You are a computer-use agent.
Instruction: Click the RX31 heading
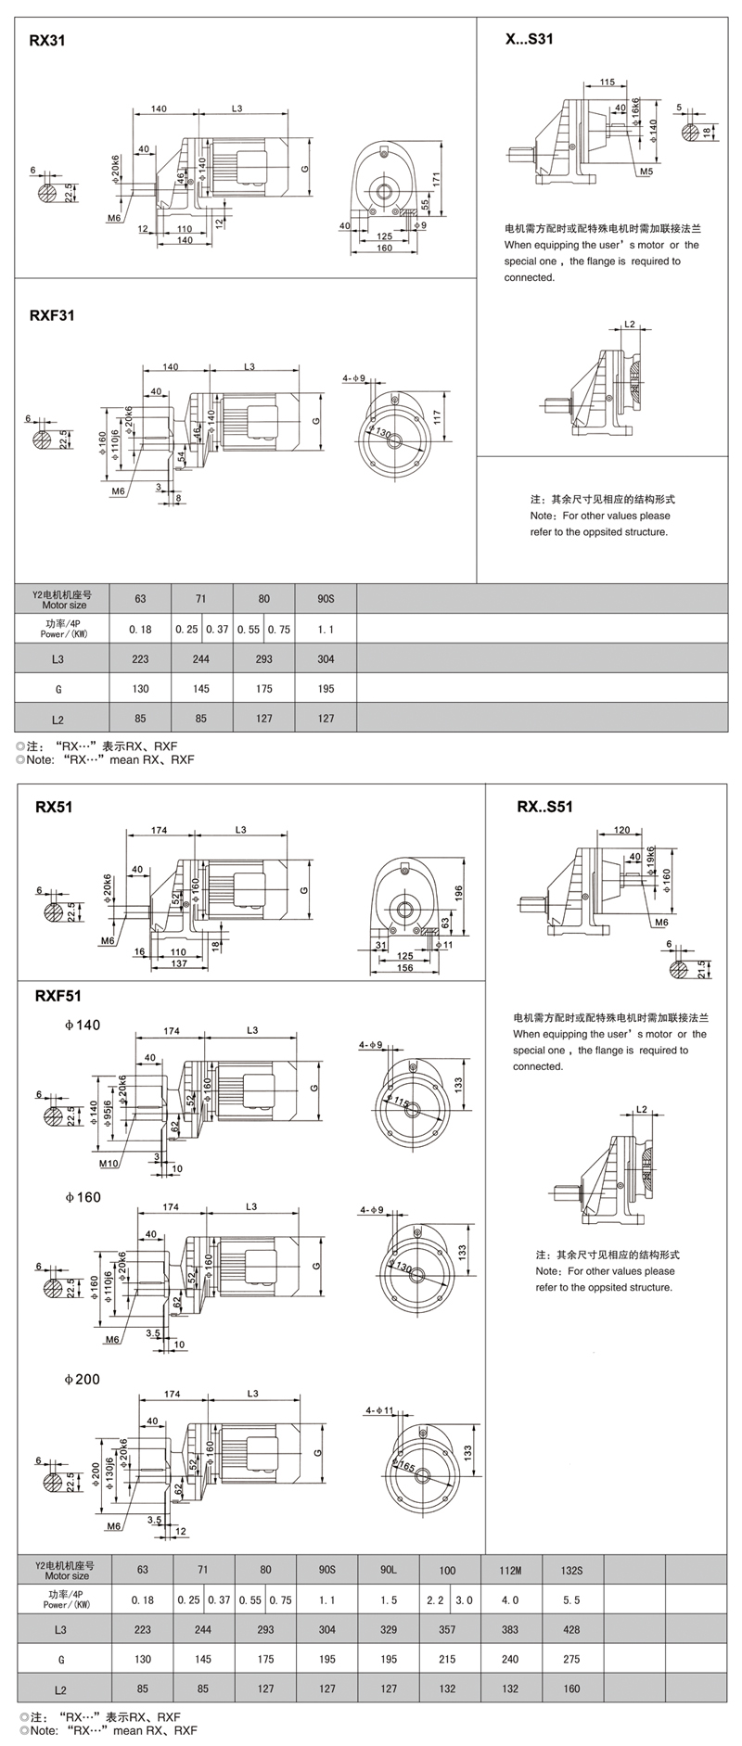46,42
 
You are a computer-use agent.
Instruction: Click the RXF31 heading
52,314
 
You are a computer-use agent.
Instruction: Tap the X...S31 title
529,39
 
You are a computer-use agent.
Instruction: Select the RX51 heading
54,807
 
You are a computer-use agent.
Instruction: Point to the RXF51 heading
58,996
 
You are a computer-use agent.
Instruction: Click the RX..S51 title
544,807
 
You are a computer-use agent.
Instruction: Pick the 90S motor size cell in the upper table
326,599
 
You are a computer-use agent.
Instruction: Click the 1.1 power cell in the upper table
326,630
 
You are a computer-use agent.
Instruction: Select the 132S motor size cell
571,1570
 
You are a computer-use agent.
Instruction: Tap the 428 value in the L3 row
571,1629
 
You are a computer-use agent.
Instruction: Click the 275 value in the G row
571,1659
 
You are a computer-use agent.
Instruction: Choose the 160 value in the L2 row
571,1689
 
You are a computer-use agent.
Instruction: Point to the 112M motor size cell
510,1570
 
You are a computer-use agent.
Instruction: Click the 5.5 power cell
571,1599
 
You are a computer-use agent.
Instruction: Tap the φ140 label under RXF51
83,1025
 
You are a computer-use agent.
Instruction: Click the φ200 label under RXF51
83,1379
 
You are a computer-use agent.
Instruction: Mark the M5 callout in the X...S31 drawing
646,172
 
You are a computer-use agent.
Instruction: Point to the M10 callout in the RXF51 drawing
109,1162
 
